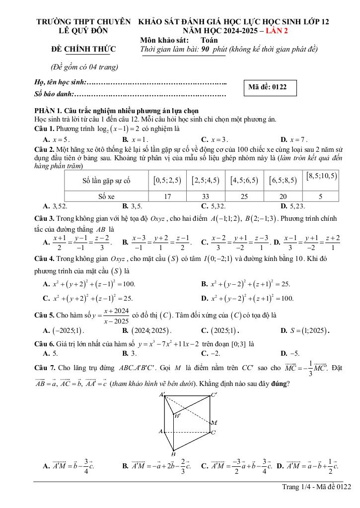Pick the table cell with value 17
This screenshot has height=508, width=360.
click(x=167, y=196)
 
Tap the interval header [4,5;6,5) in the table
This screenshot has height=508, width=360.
click(x=244, y=181)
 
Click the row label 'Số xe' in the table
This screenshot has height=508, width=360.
click(x=106, y=196)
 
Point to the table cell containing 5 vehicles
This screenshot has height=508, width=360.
click(x=320, y=196)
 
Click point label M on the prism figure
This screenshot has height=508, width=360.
click(x=214, y=423)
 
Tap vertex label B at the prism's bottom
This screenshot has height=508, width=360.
click(x=173, y=453)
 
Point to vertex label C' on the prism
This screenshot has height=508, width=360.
click(x=215, y=395)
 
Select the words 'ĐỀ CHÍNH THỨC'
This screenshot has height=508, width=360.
click(x=83, y=49)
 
